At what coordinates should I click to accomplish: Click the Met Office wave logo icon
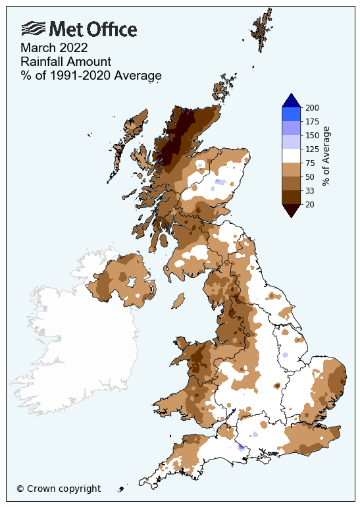pos(34,28)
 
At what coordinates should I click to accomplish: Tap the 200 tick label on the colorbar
pos(313,107)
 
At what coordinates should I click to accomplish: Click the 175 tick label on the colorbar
pos(313,121)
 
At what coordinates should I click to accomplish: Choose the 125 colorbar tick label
pos(313,149)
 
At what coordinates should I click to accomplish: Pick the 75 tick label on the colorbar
pos(311,163)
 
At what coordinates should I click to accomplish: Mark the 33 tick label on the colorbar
pos(311,190)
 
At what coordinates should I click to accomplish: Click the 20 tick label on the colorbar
pos(311,204)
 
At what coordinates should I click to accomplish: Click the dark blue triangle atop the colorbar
pos(291,101)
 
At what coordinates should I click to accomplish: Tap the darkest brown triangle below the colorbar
pos(291,210)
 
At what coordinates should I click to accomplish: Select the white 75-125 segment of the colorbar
pos(291,155)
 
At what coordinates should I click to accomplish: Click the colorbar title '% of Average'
pos(326,155)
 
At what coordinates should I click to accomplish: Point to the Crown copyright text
pos(59,489)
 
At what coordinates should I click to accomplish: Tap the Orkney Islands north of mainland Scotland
pos(224,89)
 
